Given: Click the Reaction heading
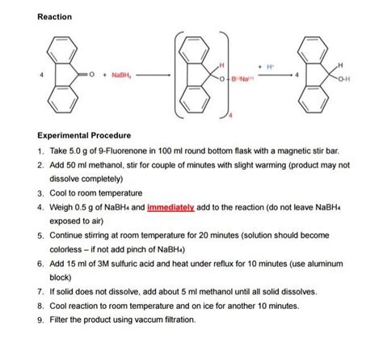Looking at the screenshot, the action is (55, 17).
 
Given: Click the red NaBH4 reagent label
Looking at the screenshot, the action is (121, 75).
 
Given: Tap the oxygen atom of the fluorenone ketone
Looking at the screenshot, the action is (91, 74).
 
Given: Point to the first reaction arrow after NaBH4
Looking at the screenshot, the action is (153, 75).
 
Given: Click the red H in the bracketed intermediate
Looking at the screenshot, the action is (221, 66).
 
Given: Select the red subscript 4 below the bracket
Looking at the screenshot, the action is (230, 115).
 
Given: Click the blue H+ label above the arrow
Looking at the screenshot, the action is (270, 66).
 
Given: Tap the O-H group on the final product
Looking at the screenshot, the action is (344, 79).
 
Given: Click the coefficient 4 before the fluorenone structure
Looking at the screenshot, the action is (41, 74).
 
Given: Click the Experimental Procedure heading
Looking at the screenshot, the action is (84, 135).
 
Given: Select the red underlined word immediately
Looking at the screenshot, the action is (170, 207).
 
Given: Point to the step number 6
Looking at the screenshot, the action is (40, 264).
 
